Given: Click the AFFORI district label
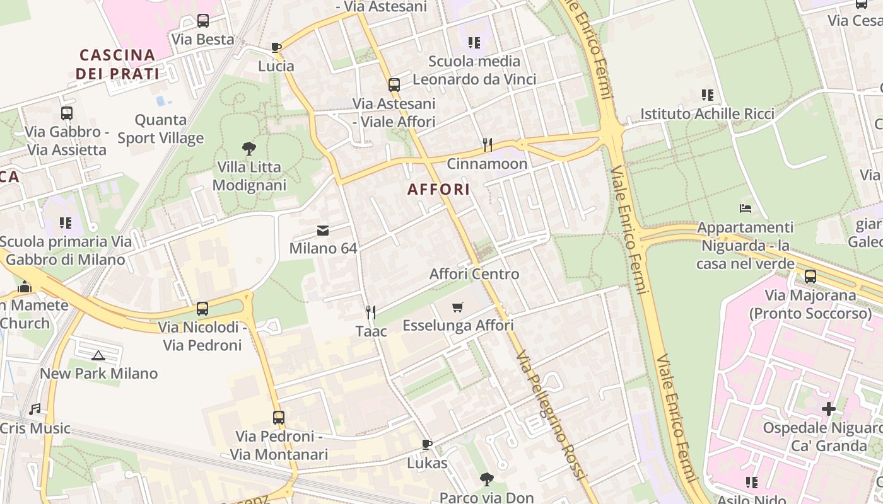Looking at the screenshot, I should point(438,190).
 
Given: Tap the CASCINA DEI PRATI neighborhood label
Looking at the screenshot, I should point(117,64).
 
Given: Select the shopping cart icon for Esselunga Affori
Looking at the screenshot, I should point(458,307).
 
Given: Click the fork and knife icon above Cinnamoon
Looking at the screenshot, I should point(487,145).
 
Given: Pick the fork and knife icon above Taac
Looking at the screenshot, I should point(371,312).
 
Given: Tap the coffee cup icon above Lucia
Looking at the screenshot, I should point(276,47).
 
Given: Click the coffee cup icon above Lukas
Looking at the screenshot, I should point(427,444).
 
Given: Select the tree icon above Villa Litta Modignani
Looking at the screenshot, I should point(249,149).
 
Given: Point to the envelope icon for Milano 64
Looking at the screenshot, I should point(323,230).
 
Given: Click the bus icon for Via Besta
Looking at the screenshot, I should point(203,21).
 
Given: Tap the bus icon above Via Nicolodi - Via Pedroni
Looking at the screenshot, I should point(202,309).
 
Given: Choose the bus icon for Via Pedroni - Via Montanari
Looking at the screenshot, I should point(279,417).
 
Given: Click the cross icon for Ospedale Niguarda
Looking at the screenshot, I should point(828,409).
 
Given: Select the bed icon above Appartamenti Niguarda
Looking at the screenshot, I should point(746,209).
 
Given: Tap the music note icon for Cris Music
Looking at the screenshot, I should point(35,409).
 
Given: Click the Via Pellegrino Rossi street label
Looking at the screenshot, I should point(547,416).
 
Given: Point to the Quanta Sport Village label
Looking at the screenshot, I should point(161,129).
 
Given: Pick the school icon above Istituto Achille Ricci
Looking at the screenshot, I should point(708,95).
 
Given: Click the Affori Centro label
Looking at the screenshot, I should point(474,274).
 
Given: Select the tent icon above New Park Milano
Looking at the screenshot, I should point(98,355).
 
